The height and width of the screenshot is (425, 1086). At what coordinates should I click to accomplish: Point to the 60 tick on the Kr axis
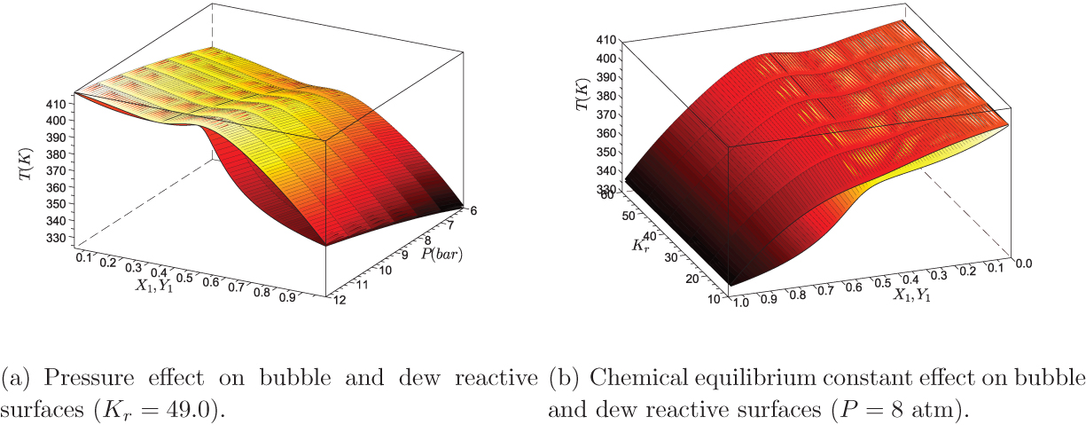click(x=609, y=194)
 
